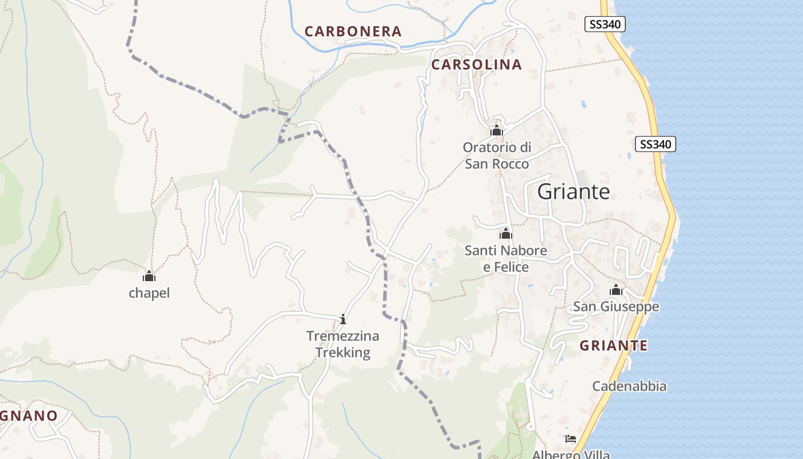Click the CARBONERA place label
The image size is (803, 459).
(x=353, y=32)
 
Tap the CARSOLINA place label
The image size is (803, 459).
(x=476, y=65)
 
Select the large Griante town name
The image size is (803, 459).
(x=574, y=192)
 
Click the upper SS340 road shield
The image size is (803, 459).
(x=605, y=24)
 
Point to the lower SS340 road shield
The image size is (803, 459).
(x=656, y=144)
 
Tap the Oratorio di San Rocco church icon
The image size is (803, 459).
(x=497, y=131)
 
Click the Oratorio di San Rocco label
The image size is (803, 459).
(x=497, y=155)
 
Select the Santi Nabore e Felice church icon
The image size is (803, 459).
(x=506, y=234)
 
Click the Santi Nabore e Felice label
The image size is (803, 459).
(x=506, y=259)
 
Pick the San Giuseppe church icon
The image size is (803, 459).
(x=616, y=290)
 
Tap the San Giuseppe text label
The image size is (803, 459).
(x=616, y=307)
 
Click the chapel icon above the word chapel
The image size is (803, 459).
(x=149, y=276)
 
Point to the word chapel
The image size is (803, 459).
(x=149, y=293)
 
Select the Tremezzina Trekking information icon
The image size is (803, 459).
(x=343, y=319)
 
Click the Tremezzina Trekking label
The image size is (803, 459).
(x=343, y=344)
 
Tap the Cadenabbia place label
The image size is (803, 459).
(x=629, y=386)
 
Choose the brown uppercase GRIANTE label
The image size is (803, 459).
(x=613, y=346)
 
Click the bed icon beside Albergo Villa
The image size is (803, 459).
(x=571, y=439)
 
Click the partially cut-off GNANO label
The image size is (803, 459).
(x=29, y=416)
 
